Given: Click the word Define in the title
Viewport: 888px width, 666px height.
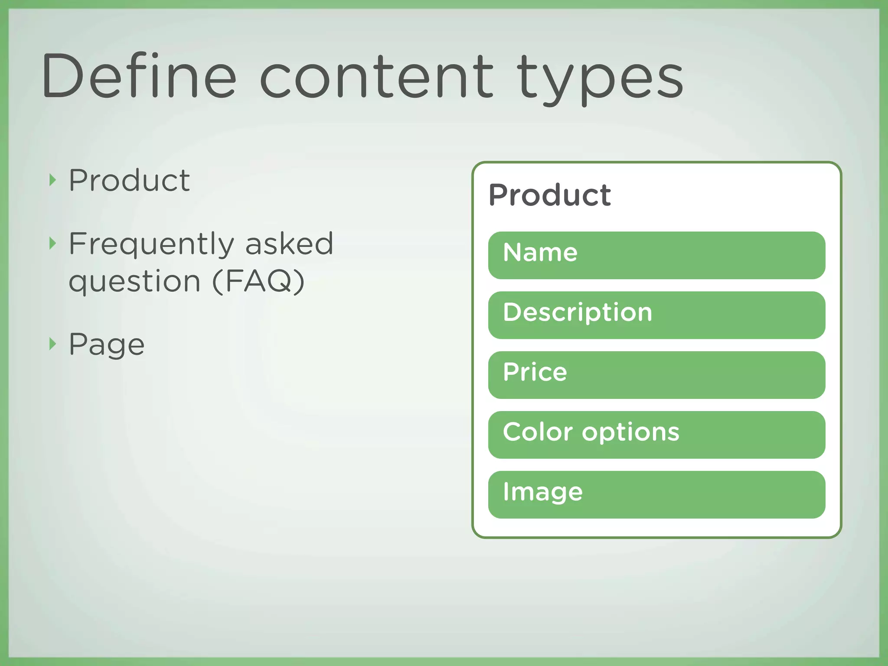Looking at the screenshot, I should (139, 76).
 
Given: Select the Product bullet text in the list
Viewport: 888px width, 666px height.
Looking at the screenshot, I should (129, 180).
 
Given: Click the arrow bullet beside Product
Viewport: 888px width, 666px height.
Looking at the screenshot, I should (52, 180).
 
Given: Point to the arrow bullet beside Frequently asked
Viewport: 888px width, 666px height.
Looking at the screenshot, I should (52, 243).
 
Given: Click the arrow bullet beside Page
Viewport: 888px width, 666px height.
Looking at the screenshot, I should (52, 344).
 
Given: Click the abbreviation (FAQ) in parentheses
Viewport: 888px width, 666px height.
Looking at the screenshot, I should (258, 281).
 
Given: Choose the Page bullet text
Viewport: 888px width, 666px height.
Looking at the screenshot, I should (107, 345).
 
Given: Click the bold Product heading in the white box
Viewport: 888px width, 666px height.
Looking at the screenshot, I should (550, 195).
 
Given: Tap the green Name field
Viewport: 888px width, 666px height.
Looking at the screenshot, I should (656, 255).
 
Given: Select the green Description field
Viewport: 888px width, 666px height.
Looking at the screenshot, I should (656, 315).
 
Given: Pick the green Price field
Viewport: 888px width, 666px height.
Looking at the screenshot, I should (656, 375).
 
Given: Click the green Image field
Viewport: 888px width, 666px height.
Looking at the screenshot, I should (656, 495).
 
